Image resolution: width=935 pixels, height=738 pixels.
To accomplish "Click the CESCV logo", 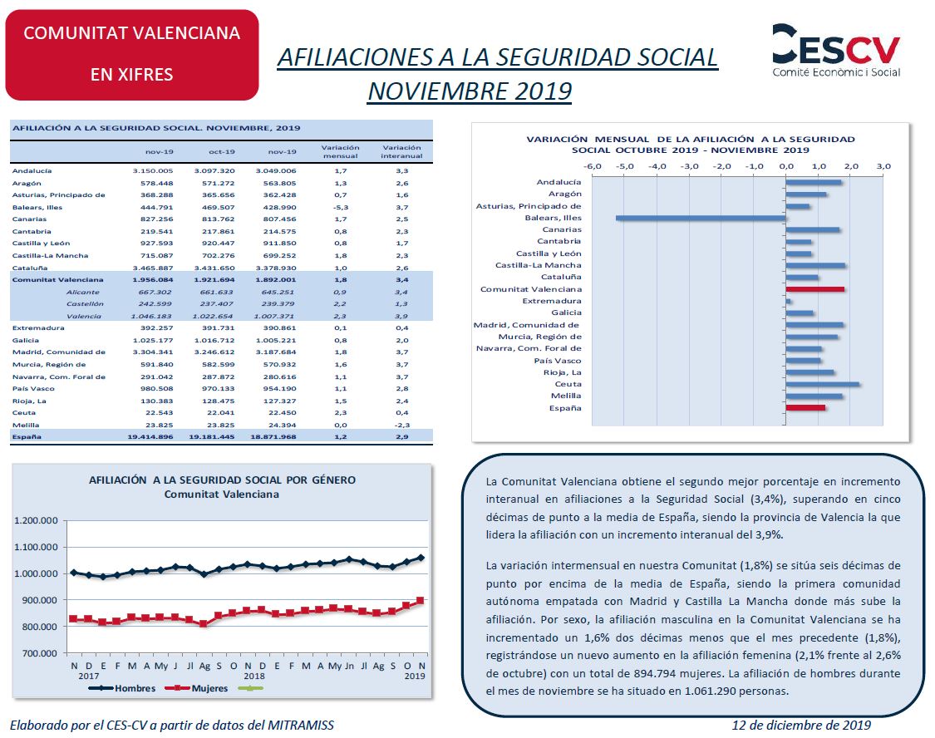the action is click(836, 51).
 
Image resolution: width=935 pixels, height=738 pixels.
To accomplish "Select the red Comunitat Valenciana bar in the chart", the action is click(815, 289).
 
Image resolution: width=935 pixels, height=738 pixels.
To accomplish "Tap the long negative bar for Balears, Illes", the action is click(701, 219).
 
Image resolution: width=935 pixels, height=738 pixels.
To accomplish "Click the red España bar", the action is click(805, 408).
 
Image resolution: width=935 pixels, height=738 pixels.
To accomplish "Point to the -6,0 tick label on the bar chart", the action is click(592, 166).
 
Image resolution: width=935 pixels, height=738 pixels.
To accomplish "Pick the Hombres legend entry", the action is click(122, 688).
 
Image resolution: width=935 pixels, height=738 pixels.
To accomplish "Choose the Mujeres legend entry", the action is click(197, 688).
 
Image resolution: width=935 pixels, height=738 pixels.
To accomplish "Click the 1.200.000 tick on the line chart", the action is click(36, 520).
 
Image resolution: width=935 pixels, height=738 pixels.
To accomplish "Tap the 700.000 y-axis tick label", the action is click(39, 653).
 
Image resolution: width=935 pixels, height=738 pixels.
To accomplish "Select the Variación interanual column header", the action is click(401, 151).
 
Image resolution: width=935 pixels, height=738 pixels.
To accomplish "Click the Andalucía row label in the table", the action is click(32, 170).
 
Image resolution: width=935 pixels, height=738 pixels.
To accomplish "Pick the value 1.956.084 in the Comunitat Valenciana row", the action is click(153, 279).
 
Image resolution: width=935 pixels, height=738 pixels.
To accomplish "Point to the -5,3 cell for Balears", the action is click(341, 208).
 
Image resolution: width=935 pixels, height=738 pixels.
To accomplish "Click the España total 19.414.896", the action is click(150, 437).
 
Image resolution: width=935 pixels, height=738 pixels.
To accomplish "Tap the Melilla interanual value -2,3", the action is click(402, 425).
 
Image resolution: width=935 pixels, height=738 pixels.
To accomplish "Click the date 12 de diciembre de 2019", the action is click(801, 725).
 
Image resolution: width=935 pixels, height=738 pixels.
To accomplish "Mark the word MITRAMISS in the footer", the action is click(301, 725).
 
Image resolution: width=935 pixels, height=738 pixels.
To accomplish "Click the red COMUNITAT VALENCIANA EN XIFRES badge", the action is click(132, 55).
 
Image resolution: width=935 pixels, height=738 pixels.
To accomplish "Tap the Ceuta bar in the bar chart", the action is click(822, 385).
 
